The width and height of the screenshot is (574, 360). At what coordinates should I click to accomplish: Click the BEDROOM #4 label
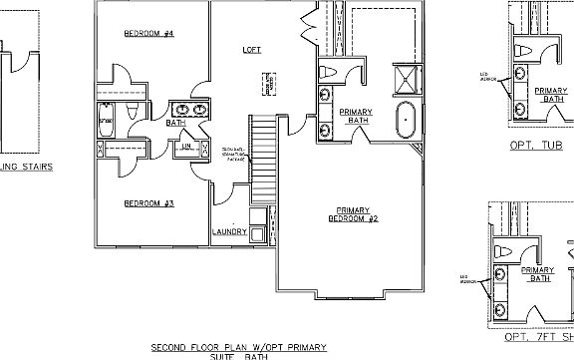tap(148, 34)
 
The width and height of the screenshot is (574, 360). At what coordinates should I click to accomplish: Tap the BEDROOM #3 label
tap(148, 203)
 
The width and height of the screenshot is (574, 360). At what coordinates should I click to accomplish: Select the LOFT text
tap(252, 49)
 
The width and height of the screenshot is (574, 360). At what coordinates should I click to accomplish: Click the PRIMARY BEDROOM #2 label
tap(354, 213)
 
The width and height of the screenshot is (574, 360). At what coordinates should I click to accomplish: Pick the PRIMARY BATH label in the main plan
tap(356, 115)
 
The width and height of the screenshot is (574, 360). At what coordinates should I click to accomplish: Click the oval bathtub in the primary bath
tap(407, 121)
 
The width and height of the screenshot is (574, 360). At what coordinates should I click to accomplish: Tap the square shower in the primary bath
tap(407, 80)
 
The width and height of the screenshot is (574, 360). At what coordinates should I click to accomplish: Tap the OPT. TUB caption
tap(536, 145)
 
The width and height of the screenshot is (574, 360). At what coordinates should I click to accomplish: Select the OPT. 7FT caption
tap(538, 336)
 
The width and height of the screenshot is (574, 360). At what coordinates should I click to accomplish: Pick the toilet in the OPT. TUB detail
tap(522, 52)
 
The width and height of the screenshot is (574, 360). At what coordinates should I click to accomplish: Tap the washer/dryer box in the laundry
tap(258, 234)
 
